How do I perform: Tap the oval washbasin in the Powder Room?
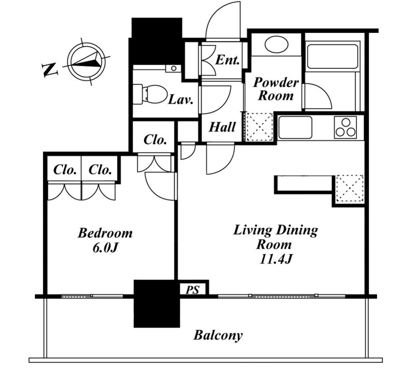coord(276,44)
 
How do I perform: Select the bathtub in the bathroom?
coord(332,56)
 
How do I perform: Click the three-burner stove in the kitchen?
coord(346,128)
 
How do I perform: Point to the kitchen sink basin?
coord(295,128)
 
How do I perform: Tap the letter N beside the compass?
coord(50,70)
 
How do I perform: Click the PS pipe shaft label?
coord(192,290)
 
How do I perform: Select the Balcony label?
coord(218,335)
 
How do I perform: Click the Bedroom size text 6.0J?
coord(105,248)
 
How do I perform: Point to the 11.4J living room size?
coord(276,259)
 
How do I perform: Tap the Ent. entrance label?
coord(227,60)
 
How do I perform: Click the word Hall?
coord(222,127)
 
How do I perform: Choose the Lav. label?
coord(181,99)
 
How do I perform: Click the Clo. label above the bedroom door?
coord(155,140)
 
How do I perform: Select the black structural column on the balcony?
coord(157,304)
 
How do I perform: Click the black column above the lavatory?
coord(156,41)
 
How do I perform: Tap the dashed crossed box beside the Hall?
coord(258,127)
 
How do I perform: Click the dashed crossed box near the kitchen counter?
coord(350,188)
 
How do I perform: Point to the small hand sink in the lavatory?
coord(173,68)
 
